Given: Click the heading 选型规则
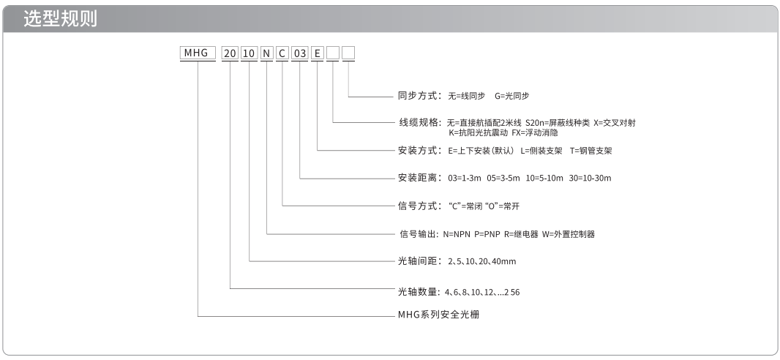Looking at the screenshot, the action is pos(60,19).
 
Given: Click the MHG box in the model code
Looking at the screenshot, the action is pos(198,53).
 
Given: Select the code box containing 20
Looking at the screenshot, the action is pos(230,53).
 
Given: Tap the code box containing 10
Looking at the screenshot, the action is pos(249,53).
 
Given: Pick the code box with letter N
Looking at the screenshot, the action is pos(267,53).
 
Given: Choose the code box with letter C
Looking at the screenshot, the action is pos(282,53).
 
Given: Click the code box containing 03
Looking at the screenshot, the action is pos(299,53).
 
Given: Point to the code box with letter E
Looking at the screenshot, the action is pos(317,53).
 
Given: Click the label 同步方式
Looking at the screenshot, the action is pos(416,96).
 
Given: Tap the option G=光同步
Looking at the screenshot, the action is pos(512,96).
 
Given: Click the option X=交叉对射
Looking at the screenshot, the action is pos(615,123).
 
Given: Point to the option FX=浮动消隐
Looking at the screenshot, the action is pos(535,132).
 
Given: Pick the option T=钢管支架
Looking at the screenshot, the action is pos(591,150).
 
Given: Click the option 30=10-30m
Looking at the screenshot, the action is pos(590,178).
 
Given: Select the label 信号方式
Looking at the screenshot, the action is pos(416,206).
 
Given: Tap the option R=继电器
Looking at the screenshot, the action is pos(521,234).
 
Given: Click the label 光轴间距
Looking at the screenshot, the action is pos(416,261).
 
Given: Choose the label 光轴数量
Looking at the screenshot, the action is pos(416,292).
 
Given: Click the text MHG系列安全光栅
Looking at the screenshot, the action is pos(439,314).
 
